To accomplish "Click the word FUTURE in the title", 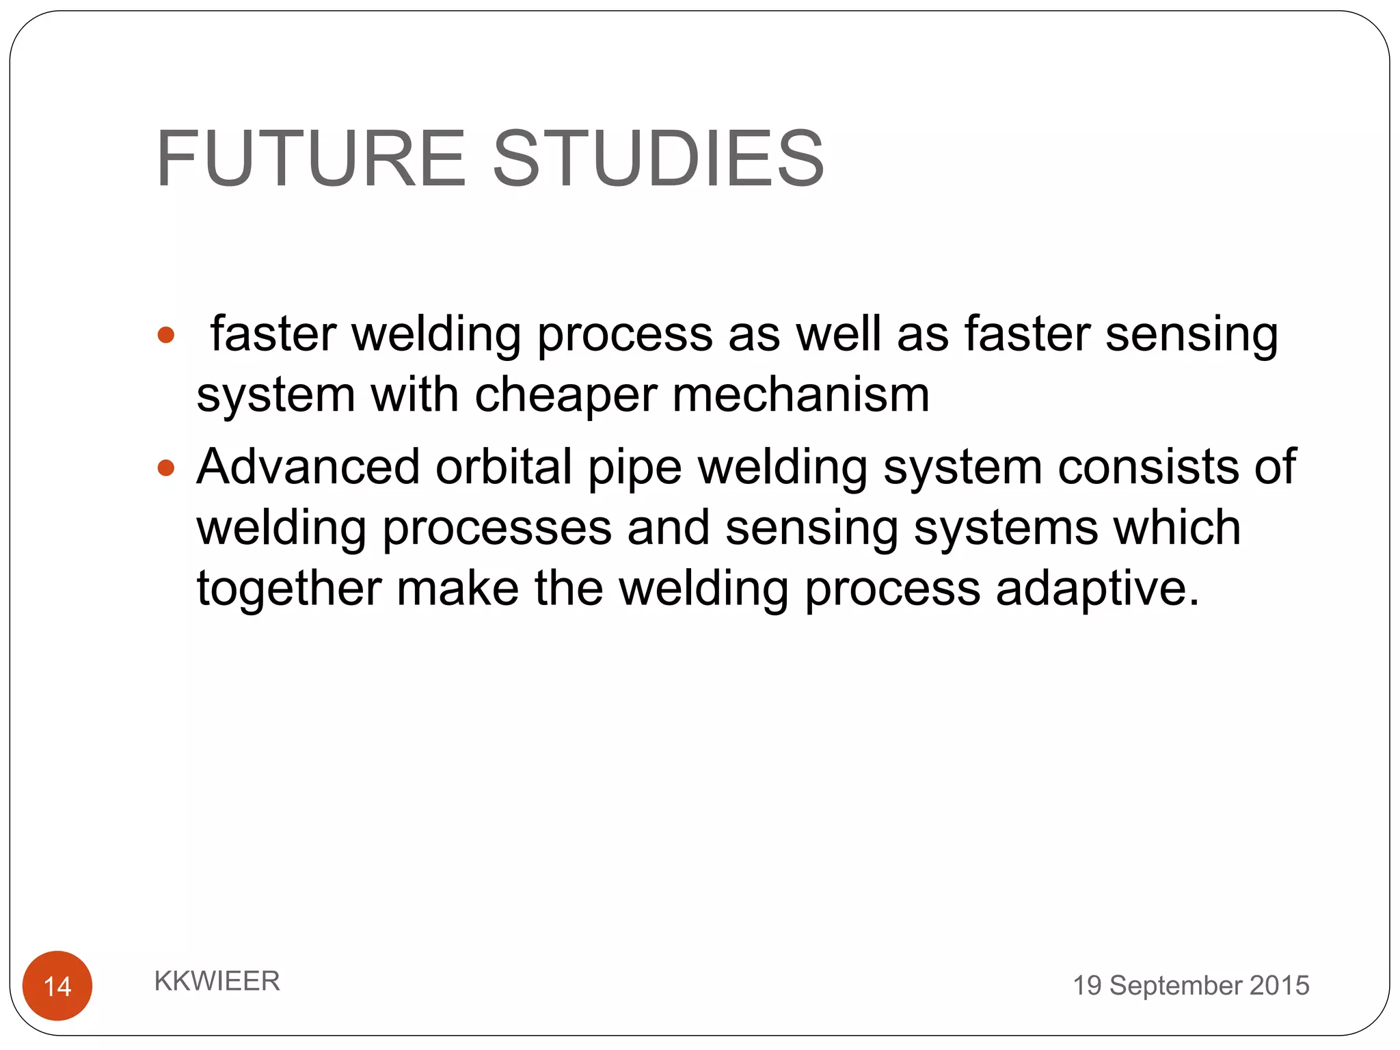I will (311, 159).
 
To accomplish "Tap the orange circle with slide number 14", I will (57, 985).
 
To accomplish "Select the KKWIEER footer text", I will (217, 981).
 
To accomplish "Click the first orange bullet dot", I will (166, 335).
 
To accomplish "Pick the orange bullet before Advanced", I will (166, 468).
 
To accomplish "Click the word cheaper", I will (565, 396).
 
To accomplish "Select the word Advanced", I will (308, 467).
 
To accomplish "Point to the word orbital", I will (504, 467).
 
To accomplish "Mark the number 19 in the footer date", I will (1086, 986).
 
